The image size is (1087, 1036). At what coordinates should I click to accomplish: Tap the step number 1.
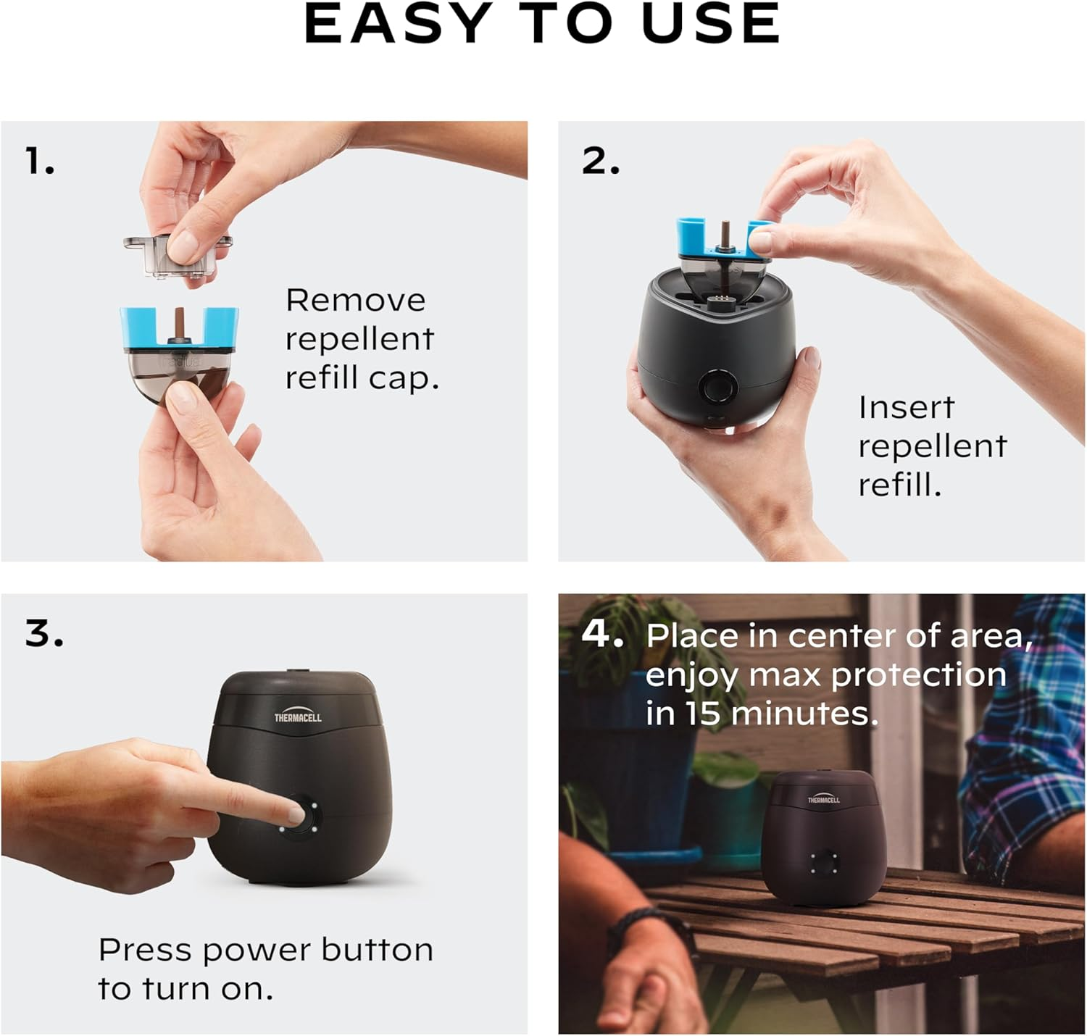tap(39, 161)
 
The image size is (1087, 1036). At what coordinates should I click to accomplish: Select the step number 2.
tap(600, 161)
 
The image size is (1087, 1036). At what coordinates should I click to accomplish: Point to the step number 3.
tap(43, 633)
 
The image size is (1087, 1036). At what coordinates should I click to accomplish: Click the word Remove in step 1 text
tap(355, 300)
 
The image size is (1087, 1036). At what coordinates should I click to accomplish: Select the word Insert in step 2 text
tap(906, 407)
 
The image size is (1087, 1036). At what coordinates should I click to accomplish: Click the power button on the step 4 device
tap(824, 861)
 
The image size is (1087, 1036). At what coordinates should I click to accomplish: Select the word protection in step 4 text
tap(918, 675)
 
